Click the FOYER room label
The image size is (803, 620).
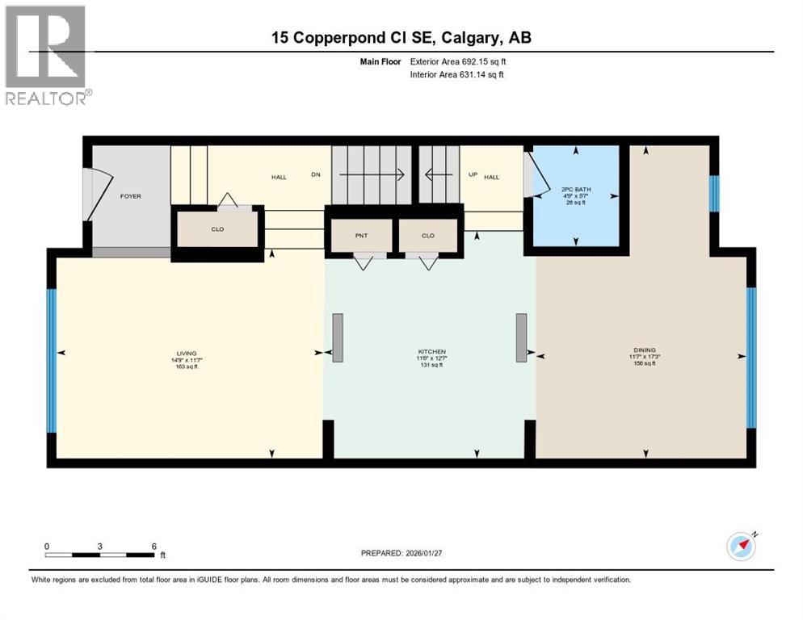[130, 196]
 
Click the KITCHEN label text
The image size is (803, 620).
[432, 353]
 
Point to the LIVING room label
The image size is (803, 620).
[187, 353]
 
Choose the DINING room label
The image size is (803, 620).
[644, 352]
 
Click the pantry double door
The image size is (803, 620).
[362, 262]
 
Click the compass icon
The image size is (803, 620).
[741, 547]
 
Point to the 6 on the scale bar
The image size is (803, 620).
[153, 546]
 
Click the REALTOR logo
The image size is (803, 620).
[48, 55]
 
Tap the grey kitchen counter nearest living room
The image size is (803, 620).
[337, 337]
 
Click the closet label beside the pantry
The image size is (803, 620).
[428, 236]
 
